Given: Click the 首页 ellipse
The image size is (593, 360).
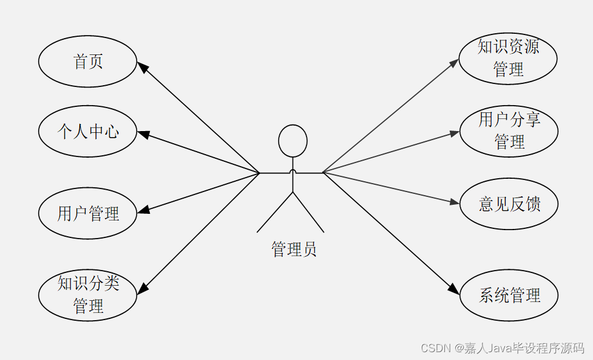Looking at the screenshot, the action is click(88, 62).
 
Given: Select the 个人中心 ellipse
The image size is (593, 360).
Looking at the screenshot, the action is click(88, 131).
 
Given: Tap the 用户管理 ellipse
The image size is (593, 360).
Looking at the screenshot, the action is click(88, 213).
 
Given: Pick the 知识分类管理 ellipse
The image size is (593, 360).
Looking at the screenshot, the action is click(88, 295).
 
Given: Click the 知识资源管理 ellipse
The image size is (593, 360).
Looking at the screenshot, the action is click(508, 59).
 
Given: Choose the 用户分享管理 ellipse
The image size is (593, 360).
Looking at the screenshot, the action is click(508, 131).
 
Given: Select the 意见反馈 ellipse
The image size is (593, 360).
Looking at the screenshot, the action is click(509, 204).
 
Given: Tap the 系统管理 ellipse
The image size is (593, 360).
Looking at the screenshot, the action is click(509, 295).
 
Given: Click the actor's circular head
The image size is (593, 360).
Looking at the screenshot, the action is click(293, 141).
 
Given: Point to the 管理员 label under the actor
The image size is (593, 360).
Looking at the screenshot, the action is click(294, 249).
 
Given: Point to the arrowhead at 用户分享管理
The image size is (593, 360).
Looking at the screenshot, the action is click(455, 133).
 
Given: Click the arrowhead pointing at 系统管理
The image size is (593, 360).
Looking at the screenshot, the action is click(454, 289).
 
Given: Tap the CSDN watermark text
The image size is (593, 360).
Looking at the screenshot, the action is click(502, 348).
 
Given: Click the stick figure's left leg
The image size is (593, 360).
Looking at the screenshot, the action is click(275, 213).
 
